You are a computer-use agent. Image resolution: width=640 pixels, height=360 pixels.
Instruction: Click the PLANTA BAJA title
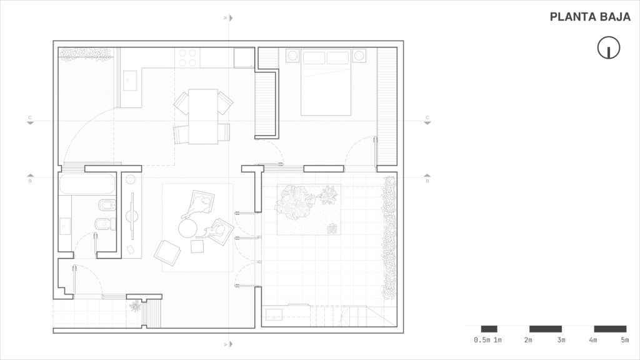coord(590,17)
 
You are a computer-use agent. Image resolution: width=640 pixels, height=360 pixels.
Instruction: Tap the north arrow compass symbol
coord(609,47)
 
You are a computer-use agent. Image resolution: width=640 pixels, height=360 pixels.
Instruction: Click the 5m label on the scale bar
coord(624,339)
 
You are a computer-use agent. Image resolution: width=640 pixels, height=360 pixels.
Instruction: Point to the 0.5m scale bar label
coord(482,339)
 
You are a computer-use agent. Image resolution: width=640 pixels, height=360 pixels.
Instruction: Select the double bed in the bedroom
coord(326,82)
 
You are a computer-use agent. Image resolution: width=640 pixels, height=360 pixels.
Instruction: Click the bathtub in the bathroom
coord(87,184)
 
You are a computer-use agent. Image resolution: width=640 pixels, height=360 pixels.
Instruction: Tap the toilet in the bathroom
coord(105,224)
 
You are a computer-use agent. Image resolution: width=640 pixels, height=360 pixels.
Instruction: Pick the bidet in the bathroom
coord(107,205)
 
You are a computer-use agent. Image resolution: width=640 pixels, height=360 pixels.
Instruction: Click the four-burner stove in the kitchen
coord(187,57)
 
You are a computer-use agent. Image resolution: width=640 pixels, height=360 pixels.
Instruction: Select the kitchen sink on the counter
coord(130,80)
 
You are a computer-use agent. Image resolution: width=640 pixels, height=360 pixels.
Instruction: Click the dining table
coord(203,116)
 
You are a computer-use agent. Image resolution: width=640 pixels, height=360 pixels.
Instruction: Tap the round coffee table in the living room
coord(187,228)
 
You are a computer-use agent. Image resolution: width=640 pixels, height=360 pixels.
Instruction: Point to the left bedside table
coord(292,55)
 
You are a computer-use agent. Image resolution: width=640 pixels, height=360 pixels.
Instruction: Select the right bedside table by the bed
coord(359,55)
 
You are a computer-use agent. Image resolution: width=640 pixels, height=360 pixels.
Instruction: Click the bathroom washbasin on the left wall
coord(65,226)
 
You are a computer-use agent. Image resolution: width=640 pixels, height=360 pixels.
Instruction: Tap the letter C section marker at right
coord(427,117)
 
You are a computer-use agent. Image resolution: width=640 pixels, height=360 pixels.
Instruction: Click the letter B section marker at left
coord(30,181)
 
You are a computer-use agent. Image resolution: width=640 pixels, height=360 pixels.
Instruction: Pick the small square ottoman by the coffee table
coord(197,246)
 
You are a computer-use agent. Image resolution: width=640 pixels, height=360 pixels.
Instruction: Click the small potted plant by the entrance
coord(135,306)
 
